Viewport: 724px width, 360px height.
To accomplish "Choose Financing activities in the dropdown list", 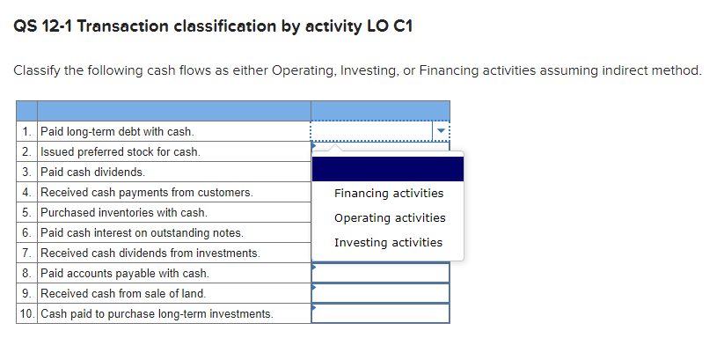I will click(388, 194).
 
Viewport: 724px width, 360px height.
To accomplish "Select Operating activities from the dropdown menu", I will click(390, 218).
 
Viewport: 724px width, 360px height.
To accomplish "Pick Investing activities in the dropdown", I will click(388, 243).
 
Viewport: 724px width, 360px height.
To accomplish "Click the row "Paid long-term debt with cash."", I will click(117, 132).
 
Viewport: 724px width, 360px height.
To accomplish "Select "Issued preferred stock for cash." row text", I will click(121, 152).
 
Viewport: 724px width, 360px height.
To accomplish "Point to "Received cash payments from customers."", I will click(147, 193).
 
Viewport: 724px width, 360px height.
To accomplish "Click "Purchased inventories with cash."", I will click(124, 213).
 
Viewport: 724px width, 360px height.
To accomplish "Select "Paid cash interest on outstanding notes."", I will click(143, 233).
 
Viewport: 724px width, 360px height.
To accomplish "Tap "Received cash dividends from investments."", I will click(150, 253).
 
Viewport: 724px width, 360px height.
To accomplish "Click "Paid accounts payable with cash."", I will click(125, 274).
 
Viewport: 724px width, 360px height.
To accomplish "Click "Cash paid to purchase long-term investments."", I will click(157, 314).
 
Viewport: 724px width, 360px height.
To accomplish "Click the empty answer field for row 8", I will click(380, 274).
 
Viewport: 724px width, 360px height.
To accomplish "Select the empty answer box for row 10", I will click(380, 314).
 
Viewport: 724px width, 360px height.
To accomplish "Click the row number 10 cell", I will click(26, 314).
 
